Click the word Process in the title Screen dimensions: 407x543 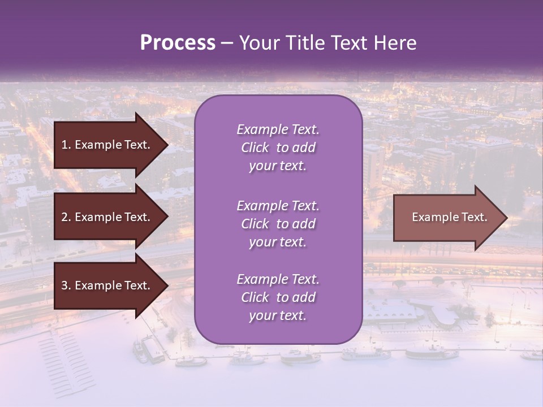pos(178,43)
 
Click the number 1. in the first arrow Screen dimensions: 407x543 pos(66,145)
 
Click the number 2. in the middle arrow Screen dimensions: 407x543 pos(66,217)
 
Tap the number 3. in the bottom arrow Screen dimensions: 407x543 pos(66,285)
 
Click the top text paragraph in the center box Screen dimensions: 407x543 pos(278,148)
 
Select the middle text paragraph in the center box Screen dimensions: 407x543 pos(278,224)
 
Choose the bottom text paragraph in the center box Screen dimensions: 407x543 pos(278,297)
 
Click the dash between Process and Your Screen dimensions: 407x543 pos(227,43)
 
